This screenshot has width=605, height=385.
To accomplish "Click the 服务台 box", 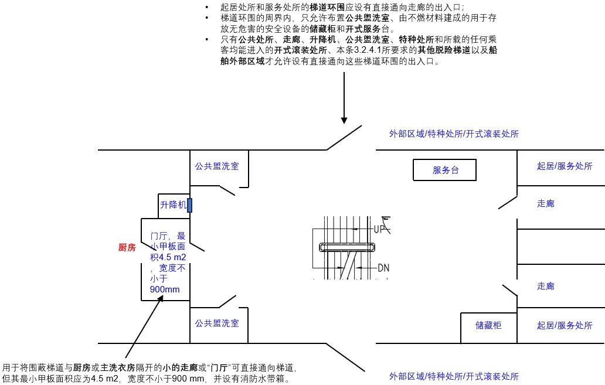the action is pyautogui.click(x=445, y=170).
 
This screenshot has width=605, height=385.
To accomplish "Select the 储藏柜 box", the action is pyautogui.click(x=488, y=325).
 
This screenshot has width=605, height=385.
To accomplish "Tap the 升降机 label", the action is pyautogui.click(x=173, y=205).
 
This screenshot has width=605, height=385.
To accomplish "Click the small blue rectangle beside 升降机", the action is pyautogui.click(x=190, y=205).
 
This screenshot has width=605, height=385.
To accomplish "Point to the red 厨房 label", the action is pyautogui.click(x=127, y=248).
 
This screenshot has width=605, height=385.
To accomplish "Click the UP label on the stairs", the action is pyautogui.click(x=380, y=229).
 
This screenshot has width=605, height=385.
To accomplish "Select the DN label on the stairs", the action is pyautogui.click(x=383, y=268).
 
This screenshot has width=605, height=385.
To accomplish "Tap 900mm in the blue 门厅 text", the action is pyautogui.click(x=165, y=289).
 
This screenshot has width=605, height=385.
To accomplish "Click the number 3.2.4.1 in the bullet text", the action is pyautogui.click(x=370, y=50).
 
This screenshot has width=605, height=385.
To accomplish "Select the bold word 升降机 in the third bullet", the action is pyautogui.click(x=322, y=40).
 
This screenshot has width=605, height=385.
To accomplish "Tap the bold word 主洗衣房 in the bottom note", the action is pyautogui.click(x=118, y=368).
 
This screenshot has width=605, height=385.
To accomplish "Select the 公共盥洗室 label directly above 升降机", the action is pyautogui.click(x=217, y=166).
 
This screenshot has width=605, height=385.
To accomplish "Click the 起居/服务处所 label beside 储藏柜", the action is pyautogui.click(x=564, y=325).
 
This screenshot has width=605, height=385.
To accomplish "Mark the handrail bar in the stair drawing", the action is pyautogui.click(x=346, y=247).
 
